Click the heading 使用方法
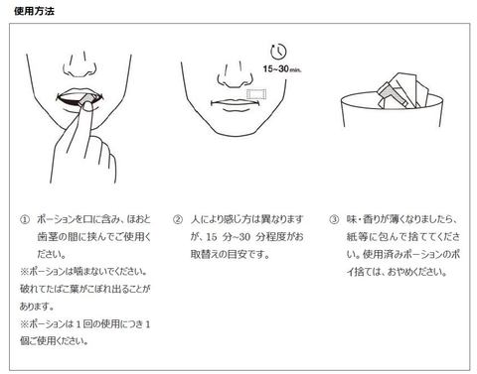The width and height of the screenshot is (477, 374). [34, 11]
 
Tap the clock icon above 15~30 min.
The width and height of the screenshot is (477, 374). [278, 52]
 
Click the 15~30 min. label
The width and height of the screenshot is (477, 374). [282, 69]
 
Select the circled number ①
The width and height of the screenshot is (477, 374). [25, 220]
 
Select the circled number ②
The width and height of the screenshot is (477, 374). [178, 220]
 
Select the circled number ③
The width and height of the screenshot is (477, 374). [334, 220]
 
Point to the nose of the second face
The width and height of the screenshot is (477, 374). [235, 75]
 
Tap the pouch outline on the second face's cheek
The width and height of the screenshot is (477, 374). [256, 94]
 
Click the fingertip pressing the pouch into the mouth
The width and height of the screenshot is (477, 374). [88, 106]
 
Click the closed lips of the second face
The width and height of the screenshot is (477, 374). [235, 103]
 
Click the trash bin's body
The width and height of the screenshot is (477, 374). [392, 111]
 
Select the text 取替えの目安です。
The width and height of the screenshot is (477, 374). [230, 254]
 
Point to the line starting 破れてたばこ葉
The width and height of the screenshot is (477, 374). [85, 289]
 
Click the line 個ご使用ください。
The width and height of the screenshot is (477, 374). [54, 340]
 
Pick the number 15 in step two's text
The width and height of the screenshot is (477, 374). [212, 237]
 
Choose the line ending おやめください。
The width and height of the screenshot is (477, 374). [397, 272]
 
